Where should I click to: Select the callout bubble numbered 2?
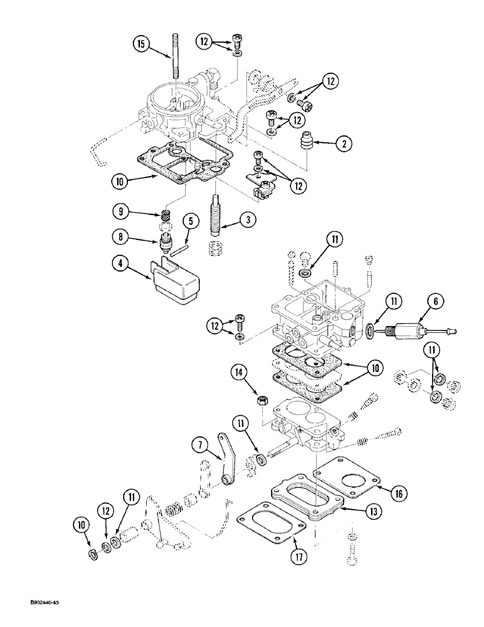(343, 143)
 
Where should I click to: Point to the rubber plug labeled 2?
(307, 141)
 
